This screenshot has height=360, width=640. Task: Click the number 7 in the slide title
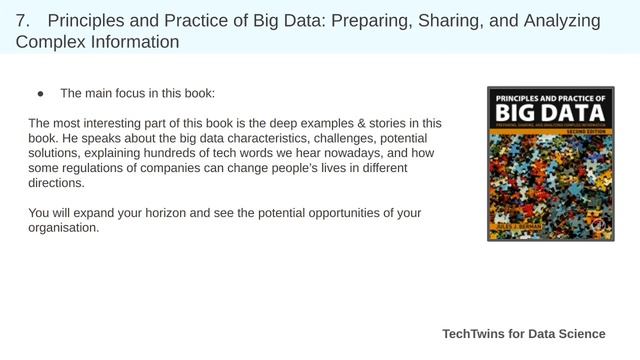click(22, 20)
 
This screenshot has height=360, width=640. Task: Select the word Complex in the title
click(52, 42)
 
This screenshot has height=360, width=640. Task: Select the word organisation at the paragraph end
click(63, 228)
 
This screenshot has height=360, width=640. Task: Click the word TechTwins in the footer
click(475, 334)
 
